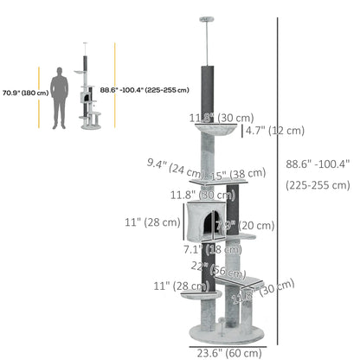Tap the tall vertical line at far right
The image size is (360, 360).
(x=278, y=173)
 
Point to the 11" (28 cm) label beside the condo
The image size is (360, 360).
(x=153, y=222)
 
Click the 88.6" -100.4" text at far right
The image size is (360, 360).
(x=316, y=162)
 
